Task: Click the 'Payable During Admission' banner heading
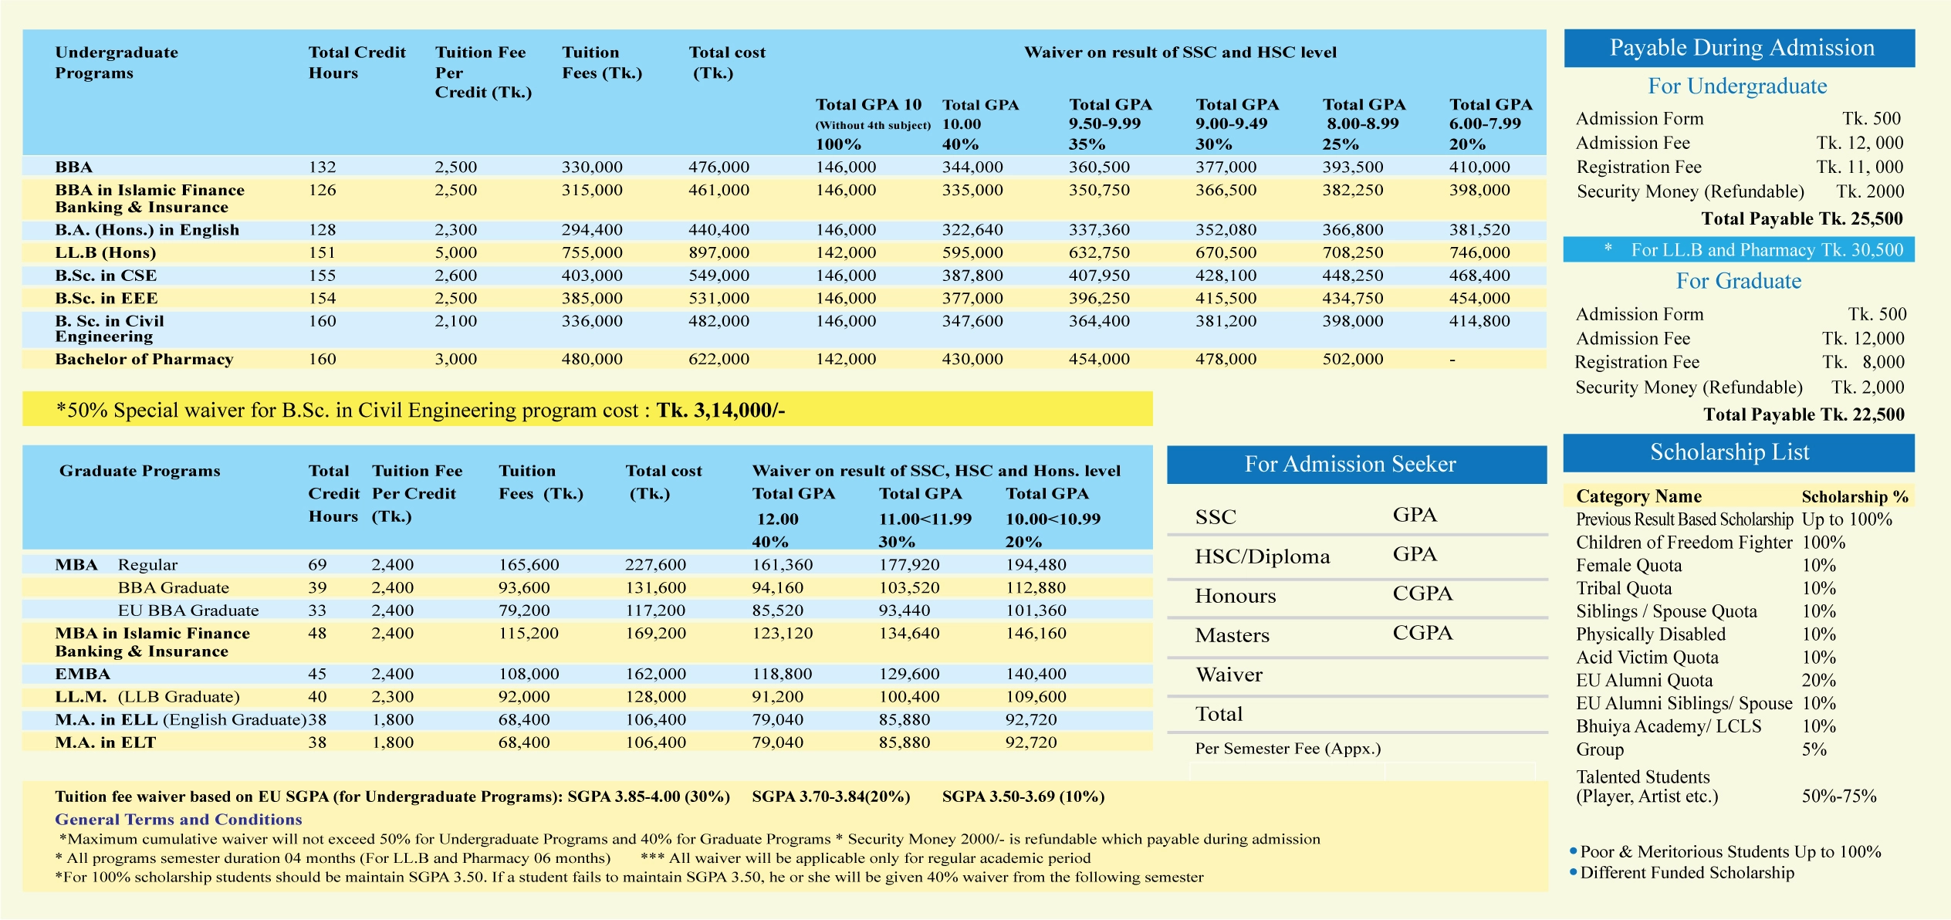tap(1741, 48)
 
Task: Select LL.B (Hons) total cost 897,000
tap(719, 252)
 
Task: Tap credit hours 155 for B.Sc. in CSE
tap(322, 276)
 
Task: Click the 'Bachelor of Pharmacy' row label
tap(144, 359)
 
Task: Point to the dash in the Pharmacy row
tap(1452, 360)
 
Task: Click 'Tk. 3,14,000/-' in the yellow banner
tap(720, 410)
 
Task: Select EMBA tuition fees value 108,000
tap(529, 674)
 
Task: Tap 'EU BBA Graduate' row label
tap(188, 611)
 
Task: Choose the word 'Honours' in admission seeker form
tap(1235, 596)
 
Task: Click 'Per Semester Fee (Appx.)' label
tap(1287, 748)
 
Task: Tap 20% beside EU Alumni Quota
tap(1818, 680)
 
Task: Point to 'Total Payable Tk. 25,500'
tap(1801, 218)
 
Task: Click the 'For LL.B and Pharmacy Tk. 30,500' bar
tap(1766, 250)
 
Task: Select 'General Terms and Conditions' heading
tap(178, 820)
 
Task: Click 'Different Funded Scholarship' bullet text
tap(1686, 873)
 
